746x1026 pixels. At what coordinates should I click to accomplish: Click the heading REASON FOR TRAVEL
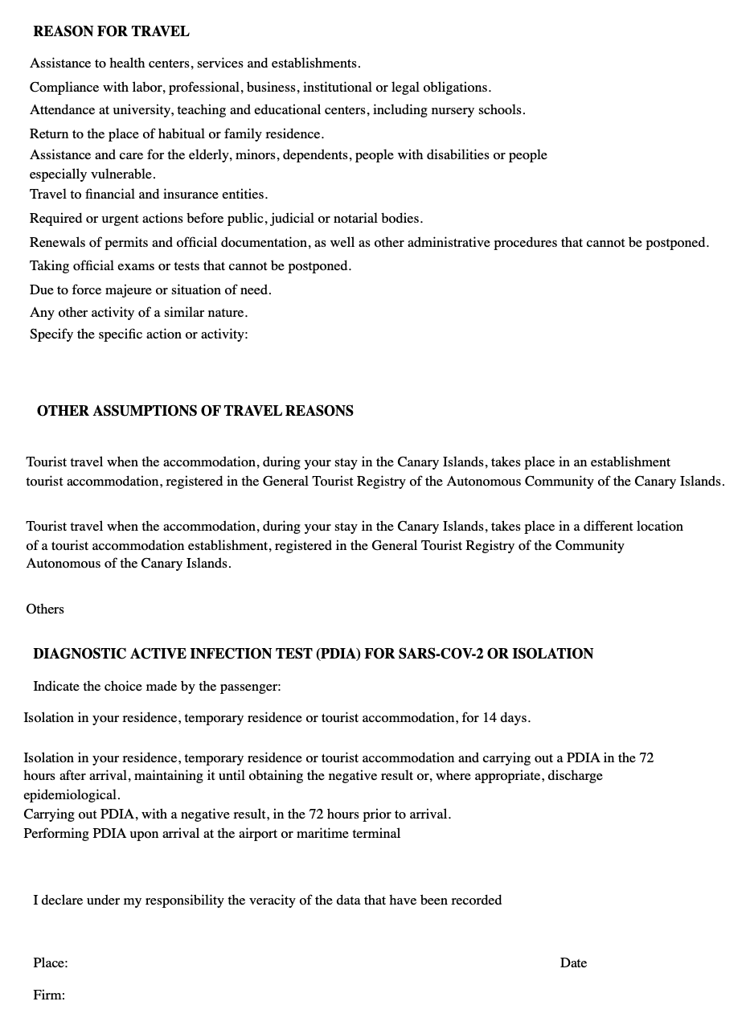(111, 32)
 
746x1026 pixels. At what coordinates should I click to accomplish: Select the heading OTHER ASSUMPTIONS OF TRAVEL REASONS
(195, 411)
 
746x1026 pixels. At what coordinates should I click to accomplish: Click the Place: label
(50, 962)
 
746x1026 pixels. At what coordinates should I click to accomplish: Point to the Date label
(573, 962)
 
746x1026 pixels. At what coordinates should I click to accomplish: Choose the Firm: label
(48, 995)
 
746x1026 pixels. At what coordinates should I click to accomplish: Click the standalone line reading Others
(45, 609)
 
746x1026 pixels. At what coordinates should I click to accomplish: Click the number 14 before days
(490, 718)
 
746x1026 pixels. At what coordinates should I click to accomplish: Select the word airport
(252, 834)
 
